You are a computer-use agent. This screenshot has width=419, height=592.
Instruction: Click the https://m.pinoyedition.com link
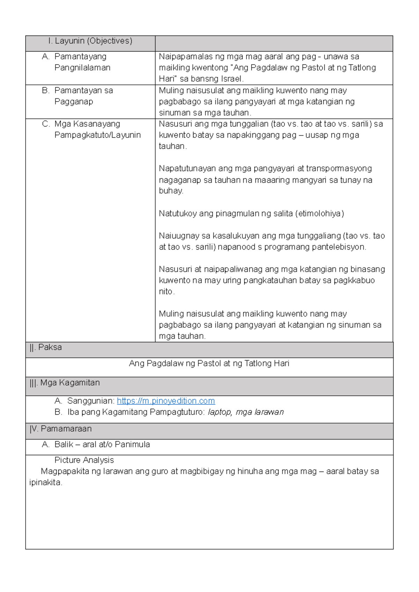click(x=166, y=401)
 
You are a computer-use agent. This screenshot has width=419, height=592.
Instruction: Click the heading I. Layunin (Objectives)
click(x=90, y=41)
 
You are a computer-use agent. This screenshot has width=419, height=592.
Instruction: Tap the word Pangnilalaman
click(x=82, y=68)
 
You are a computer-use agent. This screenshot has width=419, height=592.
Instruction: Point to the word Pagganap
click(x=74, y=102)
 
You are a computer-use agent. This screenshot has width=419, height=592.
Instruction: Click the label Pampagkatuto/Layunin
click(x=97, y=135)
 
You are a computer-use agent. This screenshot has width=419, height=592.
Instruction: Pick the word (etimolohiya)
click(x=319, y=214)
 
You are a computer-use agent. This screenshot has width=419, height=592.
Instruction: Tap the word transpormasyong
click(x=339, y=169)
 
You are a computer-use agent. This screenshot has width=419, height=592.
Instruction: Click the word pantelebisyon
click(x=338, y=247)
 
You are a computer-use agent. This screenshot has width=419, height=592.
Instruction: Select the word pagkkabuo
click(x=354, y=281)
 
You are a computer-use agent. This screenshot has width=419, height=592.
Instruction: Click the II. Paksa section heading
click(x=46, y=348)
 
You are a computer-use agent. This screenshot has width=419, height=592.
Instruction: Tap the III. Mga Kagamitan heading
click(x=65, y=383)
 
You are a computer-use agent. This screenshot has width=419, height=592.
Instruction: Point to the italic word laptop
click(x=220, y=412)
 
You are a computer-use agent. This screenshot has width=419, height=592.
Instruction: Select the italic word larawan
click(x=269, y=412)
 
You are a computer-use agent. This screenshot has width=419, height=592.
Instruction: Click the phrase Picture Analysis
click(x=84, y=460)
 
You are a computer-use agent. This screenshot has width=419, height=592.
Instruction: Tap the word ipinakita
click(x=45, y=483)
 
